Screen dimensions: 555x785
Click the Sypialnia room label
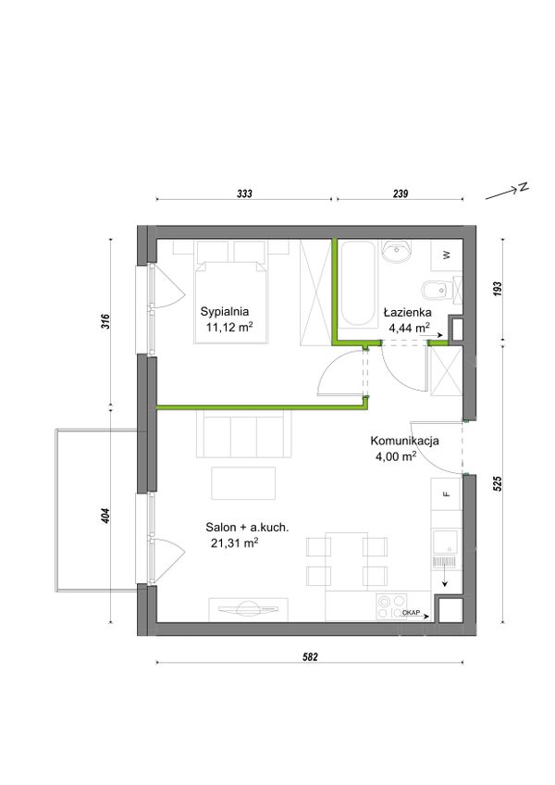[x=224, y=311]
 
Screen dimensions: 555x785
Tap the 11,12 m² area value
[x=229, y=328]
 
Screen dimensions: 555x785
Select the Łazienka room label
[x=407, y=312]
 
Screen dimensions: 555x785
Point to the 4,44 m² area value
[x=410, y=328]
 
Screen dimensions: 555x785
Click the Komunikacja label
[x=404, y=441]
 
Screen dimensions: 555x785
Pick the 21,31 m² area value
[x=234, y=542]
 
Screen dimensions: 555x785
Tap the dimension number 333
[x=244, y=193]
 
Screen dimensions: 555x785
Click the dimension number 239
[x=401, y=193]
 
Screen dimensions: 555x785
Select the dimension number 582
[x=310, y=657]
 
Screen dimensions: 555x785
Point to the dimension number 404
[x=105, y=516]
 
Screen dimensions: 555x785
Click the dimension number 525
[x=498, y=483]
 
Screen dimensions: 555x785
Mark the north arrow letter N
[x=523, y=187]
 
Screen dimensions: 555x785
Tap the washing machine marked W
[x=447, y=255]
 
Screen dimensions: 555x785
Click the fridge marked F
[x=447, y=494]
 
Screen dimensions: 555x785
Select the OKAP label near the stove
[x=411, y=612]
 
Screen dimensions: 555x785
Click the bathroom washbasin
[x=396, y=251]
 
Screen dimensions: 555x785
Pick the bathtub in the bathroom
[x=358, y=284]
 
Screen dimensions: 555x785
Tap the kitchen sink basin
[x=445, y=542]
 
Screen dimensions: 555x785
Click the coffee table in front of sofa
[x=243, y=483]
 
